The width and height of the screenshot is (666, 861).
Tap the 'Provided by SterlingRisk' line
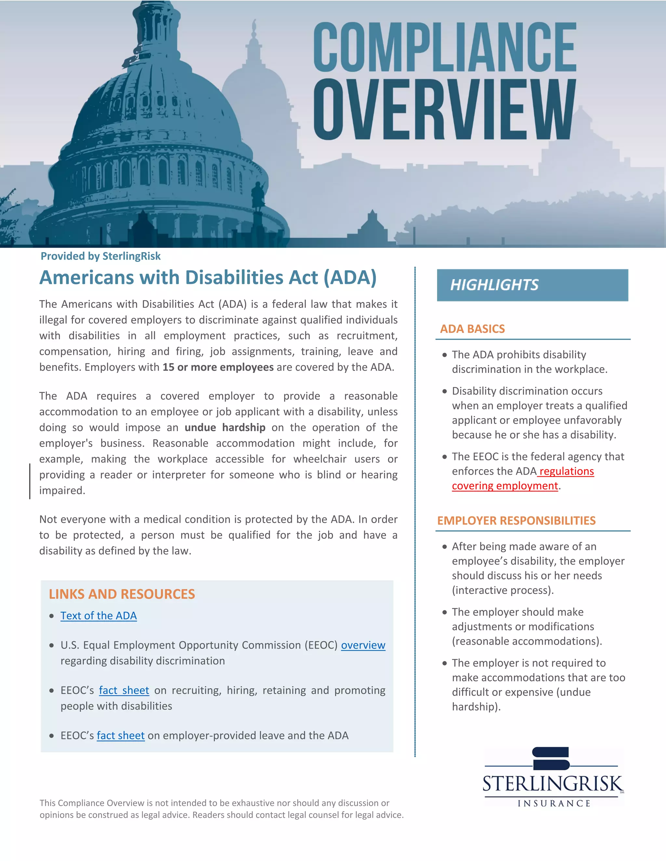tap(100, 256)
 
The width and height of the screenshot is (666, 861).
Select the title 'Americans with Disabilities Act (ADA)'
tap(208, 277)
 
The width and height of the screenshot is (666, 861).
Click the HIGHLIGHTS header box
tap(532, 285)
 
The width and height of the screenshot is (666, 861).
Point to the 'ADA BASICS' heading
tap(472, 329)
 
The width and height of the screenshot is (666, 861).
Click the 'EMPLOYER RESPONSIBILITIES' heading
tap(516, 520)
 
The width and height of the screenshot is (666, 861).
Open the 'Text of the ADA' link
tap(99, 616)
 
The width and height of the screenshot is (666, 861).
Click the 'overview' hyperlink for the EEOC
tap(363, 645)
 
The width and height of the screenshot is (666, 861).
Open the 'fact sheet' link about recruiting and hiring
tap(124, 690)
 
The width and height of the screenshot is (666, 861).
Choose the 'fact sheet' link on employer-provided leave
tap(121, 736)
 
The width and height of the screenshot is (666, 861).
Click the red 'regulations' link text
tap(566, 471)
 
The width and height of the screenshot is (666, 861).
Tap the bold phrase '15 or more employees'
tap(218, 367)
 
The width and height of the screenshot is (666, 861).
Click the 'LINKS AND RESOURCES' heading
tap(122, 594)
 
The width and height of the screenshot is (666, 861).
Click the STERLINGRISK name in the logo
tap(553, 784)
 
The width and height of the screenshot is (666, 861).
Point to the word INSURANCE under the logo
tap(554, 803)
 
